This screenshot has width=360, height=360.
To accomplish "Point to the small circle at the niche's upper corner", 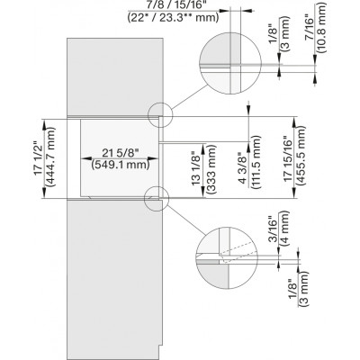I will [x=159, y=117].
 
